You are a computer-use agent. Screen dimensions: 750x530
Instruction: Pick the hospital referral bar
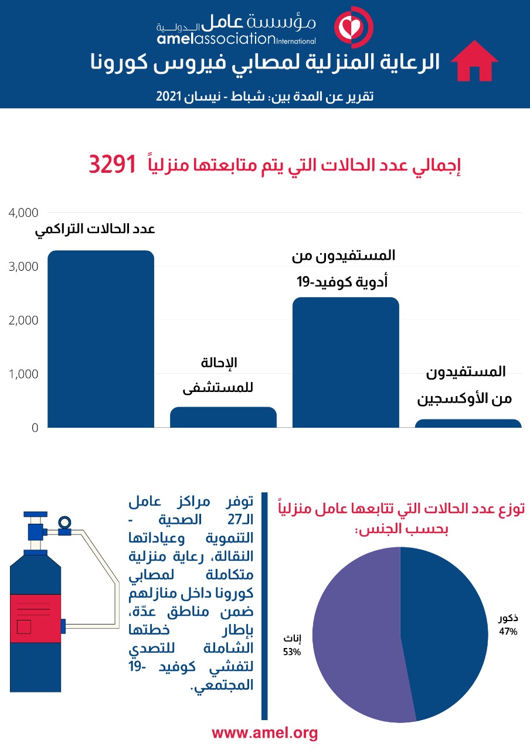coord(223,417)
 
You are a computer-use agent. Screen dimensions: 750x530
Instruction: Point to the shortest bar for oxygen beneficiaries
coord(468,423)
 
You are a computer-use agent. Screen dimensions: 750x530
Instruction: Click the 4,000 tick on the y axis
coord(23,213)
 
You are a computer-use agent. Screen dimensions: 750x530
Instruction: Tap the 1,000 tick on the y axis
coord(23,374)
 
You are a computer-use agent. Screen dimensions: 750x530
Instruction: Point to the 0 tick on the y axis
coord(35,428)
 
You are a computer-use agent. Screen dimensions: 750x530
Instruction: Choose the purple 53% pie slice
coord(358,639)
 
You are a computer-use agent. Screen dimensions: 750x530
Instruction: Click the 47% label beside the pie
coord(508,632)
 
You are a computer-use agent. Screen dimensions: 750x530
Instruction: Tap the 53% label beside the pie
coord(291,651)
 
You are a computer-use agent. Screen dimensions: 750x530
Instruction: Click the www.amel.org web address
coord(264,732)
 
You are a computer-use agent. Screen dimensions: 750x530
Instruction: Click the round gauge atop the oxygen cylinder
coord(64,521)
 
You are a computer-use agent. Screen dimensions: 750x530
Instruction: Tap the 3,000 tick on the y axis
coord(23,267)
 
